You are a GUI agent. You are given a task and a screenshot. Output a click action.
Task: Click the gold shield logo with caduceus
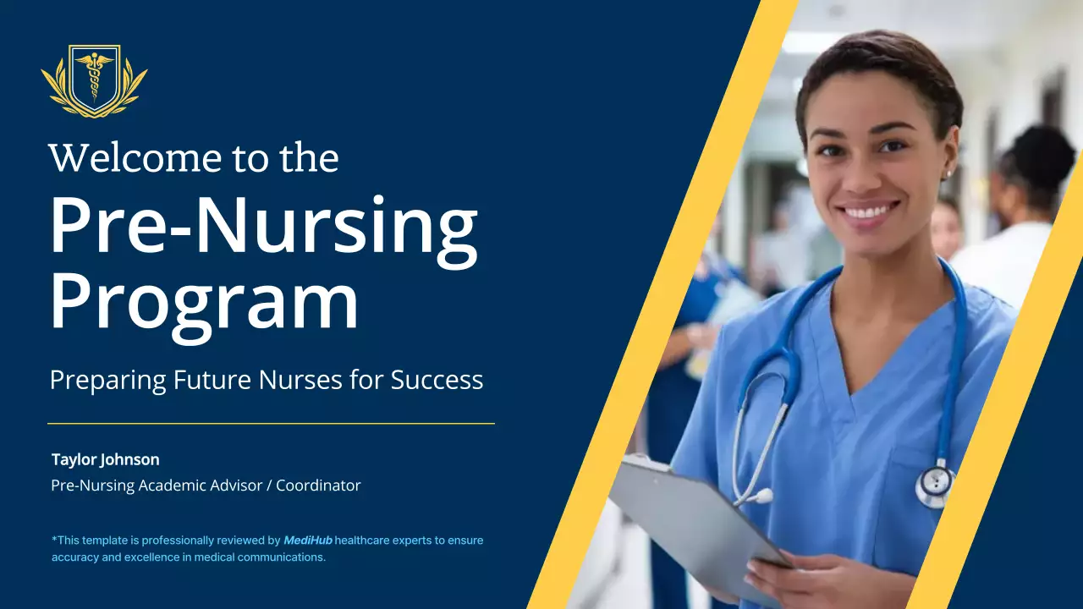(94, 80)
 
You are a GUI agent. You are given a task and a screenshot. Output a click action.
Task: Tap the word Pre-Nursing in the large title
(263, 227)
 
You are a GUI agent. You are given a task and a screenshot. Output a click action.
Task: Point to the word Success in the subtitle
(437, 380)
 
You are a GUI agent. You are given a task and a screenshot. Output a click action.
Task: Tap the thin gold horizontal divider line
(271, 423)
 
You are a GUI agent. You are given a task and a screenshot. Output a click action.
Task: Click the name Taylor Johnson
(105, 459)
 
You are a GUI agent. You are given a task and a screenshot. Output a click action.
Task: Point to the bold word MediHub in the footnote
(308, 540)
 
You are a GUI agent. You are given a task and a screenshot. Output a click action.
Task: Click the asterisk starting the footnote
(54, 539)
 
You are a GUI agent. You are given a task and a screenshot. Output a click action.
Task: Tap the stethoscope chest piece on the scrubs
(935, 485)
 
